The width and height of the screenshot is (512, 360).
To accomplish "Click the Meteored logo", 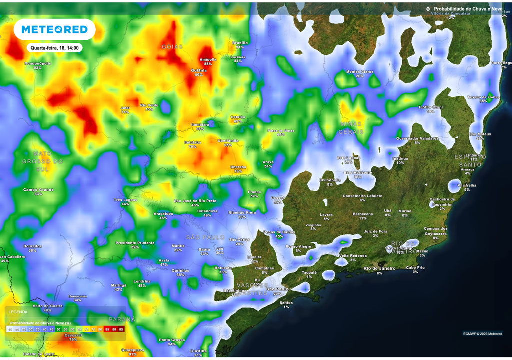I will tap(54, 30).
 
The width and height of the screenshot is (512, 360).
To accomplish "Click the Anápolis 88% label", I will tap(208, 61).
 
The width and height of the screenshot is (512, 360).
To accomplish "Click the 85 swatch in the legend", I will tap(107, 330).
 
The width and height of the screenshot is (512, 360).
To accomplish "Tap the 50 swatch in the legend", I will tap(58, 330).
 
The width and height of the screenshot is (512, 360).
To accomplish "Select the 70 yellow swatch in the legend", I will tap(86, 330).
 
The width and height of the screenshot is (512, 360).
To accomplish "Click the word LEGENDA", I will tap(18, 312).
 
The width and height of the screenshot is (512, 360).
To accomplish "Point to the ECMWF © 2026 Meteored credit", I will tap(482, 334).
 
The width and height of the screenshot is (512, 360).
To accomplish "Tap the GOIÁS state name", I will tap(172, 46).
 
